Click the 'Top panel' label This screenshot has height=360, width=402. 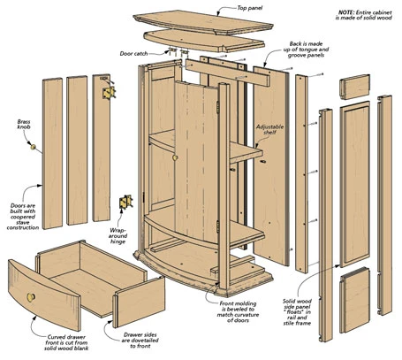tap(249, 8)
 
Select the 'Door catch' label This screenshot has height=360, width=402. tap(133, 54)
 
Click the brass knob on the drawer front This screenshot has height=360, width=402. tap(31, 297)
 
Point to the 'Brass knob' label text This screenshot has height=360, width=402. tap(24, 124)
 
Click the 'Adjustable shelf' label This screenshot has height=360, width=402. tap(269, 129)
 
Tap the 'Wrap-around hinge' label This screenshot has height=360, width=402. tap(118, 236)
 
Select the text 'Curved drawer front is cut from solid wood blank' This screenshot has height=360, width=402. tap(66, 342)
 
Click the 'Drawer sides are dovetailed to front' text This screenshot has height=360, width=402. tap(140, 341)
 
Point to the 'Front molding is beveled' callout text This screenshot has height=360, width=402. tap(238, 311)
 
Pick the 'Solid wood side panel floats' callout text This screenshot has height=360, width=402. tap(297, 312)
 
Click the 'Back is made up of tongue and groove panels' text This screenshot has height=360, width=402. tap(306, 50)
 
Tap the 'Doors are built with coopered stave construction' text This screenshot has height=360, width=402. tap(23, 217)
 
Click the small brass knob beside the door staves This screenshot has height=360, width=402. tap(34, 147)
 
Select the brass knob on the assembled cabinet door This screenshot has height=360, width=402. tap(175, 157)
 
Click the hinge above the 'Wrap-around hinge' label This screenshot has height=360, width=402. tap(125, 202)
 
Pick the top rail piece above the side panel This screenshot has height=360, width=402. tap(354, 87)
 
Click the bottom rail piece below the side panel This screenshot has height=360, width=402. tap(354, 300)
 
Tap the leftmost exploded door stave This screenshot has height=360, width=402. tap(52, 153)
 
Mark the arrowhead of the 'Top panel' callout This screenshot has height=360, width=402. tap(218, 14)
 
